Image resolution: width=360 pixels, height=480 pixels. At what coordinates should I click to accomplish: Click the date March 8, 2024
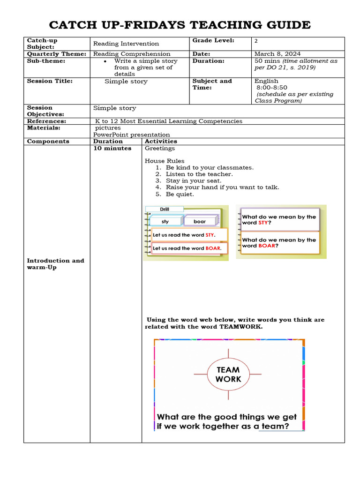click(277, 54)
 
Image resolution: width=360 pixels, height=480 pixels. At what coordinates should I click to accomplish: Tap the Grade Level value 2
click(256, 41)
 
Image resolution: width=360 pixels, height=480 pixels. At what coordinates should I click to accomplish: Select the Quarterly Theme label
click(56, 54)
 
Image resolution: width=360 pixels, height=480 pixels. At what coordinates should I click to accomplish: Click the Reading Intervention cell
click(126, 44)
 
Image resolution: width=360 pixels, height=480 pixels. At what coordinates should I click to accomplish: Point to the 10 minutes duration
click(112, 148)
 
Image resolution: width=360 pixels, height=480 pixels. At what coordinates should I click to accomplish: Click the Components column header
click(48, 141)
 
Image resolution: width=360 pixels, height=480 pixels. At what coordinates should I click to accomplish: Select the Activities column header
click(161, 141)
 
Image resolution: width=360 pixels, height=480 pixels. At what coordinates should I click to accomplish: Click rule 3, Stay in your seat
click(194, 180)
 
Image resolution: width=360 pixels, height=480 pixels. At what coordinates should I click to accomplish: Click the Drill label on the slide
click(164, 209)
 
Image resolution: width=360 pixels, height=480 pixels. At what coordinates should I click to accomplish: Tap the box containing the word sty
click(165, 221)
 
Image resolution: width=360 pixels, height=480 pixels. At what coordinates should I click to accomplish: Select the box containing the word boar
click(200, 221)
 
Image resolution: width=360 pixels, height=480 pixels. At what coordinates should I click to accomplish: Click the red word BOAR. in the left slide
click(213, 248)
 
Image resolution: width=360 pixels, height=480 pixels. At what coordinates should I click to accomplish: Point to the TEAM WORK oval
click(228, 374)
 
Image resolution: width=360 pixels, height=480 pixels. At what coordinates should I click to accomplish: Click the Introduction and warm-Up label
click(55, 264)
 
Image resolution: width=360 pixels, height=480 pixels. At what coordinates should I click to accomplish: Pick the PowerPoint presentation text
click(131, 135)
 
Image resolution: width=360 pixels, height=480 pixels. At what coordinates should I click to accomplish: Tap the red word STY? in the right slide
click(264, 223)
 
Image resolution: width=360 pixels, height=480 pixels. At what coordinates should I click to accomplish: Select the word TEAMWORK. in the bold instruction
click(241, 327)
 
